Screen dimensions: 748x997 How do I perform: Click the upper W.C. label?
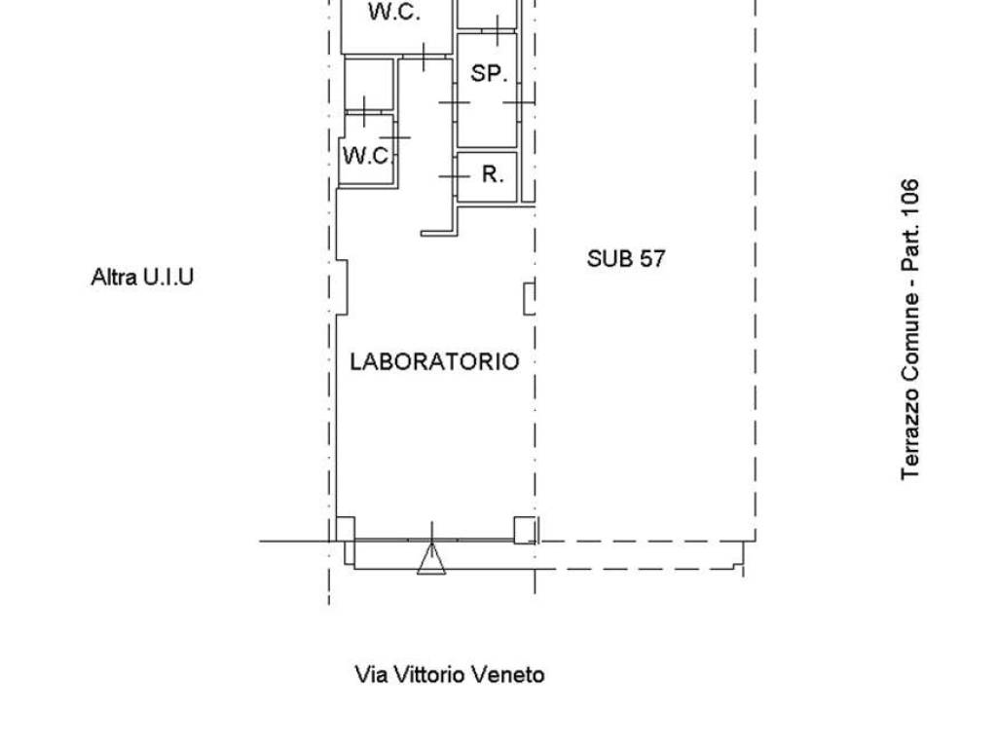click(x=393, y=13)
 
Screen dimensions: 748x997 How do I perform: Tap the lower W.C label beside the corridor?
click(x=366, y=156)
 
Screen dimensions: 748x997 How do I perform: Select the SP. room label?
click(x=489, y=73)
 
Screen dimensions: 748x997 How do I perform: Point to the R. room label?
click(x=493, y=175)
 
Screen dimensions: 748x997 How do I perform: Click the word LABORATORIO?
click(x=434, y=361)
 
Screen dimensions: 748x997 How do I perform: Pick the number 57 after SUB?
click(x=651, y=259)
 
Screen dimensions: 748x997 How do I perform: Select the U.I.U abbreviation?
click(x=168, y=277)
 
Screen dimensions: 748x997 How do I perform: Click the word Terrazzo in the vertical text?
click(x=910, y=437)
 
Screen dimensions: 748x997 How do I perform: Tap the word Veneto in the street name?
click(x=507, y=674)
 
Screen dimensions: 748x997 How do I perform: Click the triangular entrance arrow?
click(x=431, y=560)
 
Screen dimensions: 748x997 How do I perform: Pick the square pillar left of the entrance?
click(x=345, y=529)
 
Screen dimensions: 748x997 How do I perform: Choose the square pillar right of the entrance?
click(x=525, y=529)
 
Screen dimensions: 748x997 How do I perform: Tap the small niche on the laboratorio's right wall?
click(x=529, y=298)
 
